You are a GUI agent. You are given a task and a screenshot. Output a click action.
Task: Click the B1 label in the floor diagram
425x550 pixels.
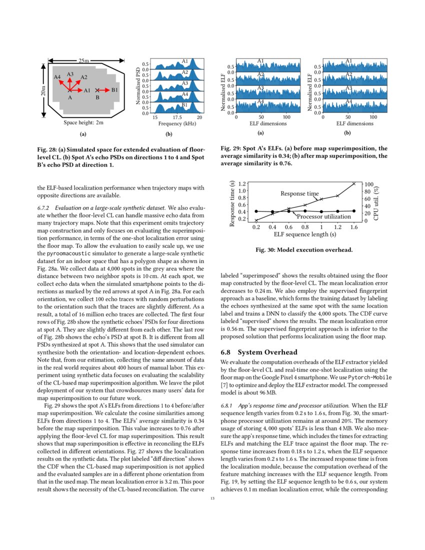(x=114, y=90)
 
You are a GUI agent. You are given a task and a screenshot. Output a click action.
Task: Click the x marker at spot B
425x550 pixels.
(x=98, y=90)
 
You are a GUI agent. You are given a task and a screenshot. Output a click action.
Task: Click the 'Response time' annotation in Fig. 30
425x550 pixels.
(x=299, y=193)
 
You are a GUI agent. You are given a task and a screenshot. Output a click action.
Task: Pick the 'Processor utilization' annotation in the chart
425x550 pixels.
(x=324, y=216)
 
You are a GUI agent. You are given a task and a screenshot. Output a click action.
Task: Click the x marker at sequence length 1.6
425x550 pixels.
(x=354, y=183)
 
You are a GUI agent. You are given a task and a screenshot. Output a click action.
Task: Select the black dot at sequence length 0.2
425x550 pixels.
(x=256, y=211)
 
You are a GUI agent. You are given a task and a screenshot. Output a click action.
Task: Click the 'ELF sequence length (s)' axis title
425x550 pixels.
(x=304, y=234)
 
